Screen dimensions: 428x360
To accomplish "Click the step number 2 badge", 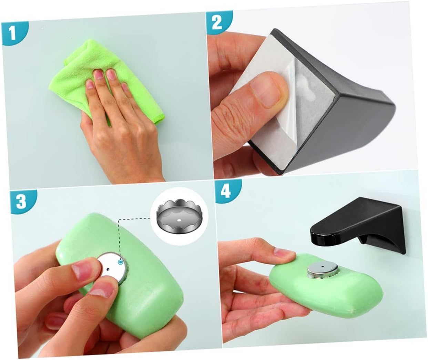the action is point(218,22).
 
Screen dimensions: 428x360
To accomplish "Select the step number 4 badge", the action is point(226,191).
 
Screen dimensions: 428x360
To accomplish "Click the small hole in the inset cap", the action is point(179,220).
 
